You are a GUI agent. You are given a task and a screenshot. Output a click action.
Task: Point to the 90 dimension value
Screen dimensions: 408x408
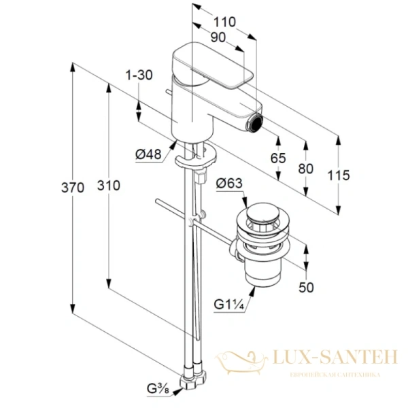click(218, 39)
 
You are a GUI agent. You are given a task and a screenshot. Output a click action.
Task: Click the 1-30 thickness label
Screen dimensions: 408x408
click(139, 75)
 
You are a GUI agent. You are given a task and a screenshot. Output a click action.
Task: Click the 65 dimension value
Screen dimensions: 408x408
click(277, 158)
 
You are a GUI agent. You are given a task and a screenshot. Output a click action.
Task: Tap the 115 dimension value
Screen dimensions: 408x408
click(338, 175)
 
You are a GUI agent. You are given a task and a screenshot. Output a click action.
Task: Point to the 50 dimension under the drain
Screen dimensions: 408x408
click(307, 288)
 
